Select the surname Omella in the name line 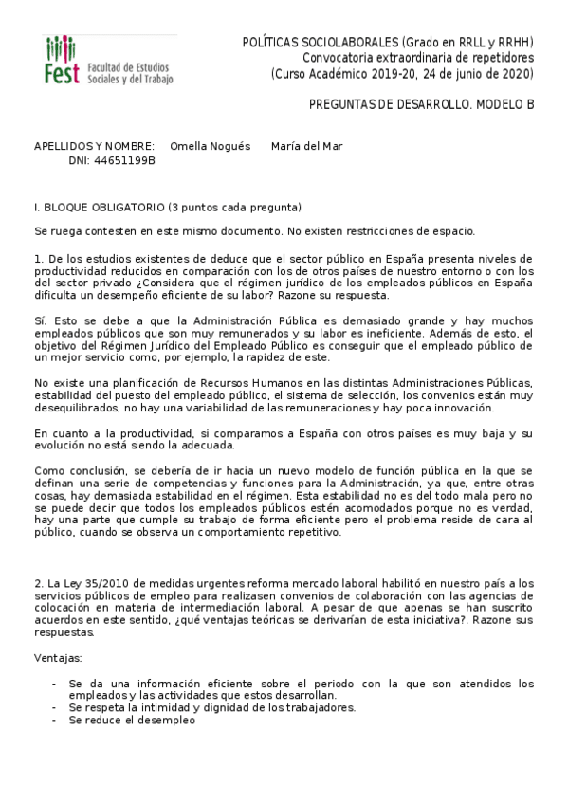(188, 146)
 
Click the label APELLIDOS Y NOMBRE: (94, 146)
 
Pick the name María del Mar (306, 146)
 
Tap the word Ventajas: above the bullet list (57, 656)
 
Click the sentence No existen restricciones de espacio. (376, 231)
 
